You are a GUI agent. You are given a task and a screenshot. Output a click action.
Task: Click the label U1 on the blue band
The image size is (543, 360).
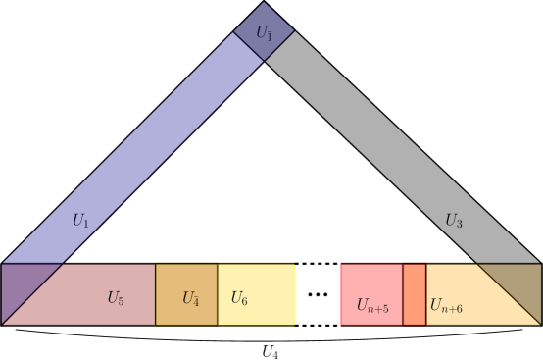80,221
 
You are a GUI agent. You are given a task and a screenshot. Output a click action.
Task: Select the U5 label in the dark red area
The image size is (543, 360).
116,298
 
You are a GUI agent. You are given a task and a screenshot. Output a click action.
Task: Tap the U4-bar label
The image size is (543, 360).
190,298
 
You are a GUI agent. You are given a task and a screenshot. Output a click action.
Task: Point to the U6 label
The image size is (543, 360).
239,298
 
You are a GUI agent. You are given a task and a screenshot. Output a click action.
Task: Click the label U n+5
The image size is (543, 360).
372,306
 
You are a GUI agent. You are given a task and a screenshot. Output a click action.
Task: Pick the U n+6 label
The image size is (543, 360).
446,306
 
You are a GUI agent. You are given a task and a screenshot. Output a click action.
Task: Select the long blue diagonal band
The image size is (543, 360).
147,147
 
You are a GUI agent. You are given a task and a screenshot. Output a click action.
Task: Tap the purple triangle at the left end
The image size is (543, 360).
20,284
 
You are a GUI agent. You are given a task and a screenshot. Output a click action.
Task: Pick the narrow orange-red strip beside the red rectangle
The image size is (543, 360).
415,293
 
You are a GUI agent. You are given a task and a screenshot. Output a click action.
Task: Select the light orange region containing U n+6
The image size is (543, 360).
461,284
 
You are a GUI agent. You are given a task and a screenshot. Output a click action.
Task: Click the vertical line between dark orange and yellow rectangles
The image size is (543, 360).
218,293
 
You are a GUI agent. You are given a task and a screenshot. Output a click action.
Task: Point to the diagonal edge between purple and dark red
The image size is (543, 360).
33,293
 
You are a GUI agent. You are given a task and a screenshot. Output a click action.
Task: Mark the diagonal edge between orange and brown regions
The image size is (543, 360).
508,293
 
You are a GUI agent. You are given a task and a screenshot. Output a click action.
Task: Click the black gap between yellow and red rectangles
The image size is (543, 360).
318,293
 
